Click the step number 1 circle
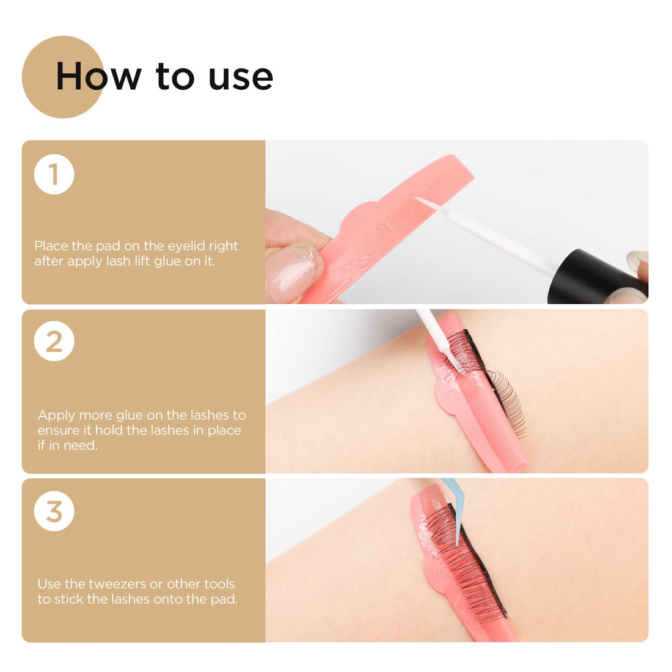54,174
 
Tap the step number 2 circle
54,341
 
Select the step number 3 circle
54,511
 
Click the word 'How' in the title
98,76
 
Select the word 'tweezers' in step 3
117,584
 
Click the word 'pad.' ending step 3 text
224,599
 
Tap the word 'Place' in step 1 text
51,246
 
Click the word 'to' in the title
175,77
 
